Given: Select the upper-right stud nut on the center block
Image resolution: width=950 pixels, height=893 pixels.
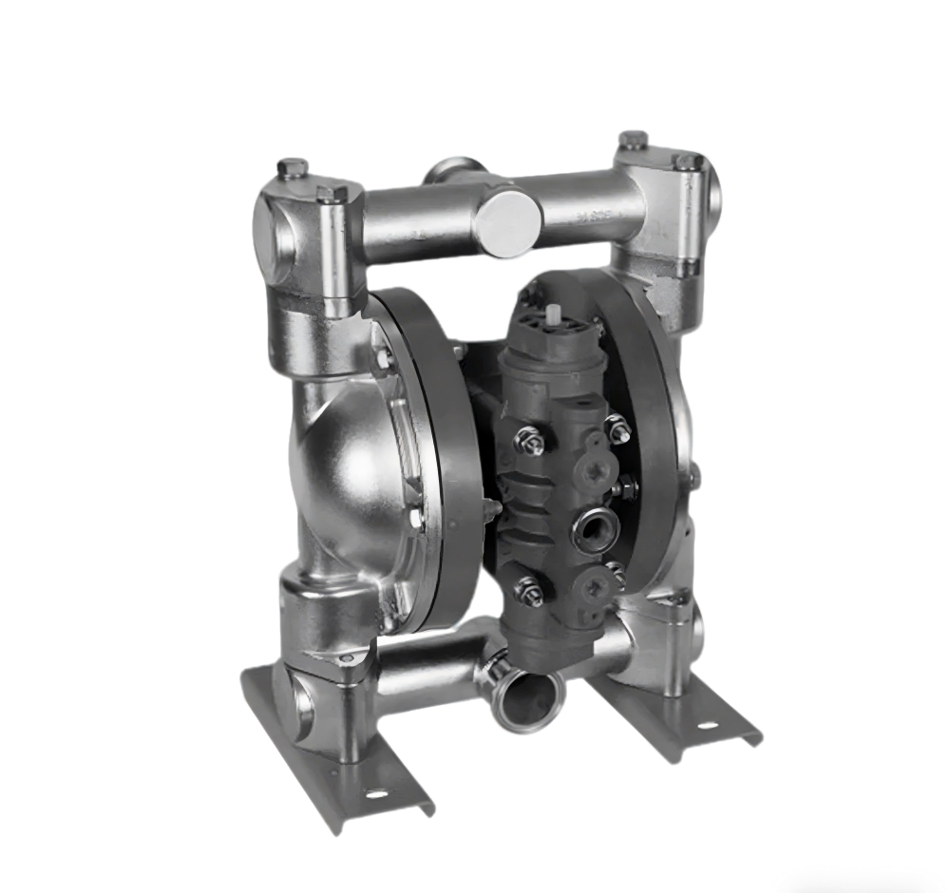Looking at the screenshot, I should click(x=615, y=429).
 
